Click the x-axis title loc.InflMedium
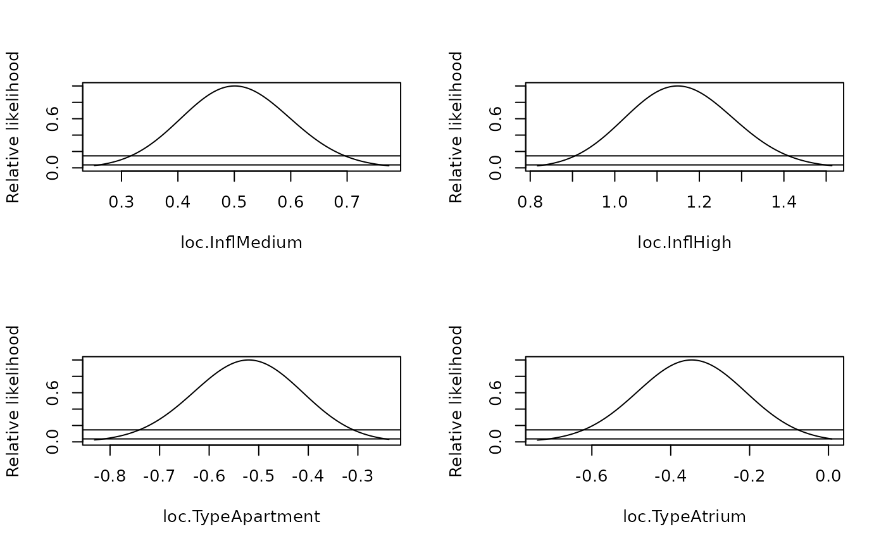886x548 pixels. (x=241, y=242)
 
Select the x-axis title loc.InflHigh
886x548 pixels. (x=684, y=242)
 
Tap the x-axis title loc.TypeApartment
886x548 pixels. (x=241, y=517)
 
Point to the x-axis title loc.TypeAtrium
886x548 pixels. (x=684, y=517)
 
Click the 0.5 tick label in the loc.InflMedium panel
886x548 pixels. (x=234, y=202)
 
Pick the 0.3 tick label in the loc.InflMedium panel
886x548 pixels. (x=122, y=202)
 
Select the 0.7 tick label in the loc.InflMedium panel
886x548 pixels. (x=347, y=202)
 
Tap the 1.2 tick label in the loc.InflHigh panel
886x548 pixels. (x=699, y=202)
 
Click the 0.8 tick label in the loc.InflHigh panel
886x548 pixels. (x=530, y=202)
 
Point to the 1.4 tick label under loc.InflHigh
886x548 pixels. (x=783, y=202)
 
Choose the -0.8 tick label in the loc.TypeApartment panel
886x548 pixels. (x=110, y=476)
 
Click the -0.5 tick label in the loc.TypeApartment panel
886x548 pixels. (x=259, y=476)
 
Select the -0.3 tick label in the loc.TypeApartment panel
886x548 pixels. (x=358, y=476)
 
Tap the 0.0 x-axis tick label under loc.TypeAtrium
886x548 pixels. (x=828, y=476)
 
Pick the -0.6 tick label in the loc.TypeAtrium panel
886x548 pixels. (x=591, y=476)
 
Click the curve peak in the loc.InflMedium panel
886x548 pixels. (x=234, y=86)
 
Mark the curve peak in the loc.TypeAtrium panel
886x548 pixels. (x=691, y=360)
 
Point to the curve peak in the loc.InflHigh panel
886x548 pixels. (x=678, y=86)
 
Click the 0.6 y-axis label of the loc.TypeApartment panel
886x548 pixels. (x=53, y=393)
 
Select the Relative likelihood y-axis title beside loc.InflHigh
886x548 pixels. (x=456, y=127)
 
